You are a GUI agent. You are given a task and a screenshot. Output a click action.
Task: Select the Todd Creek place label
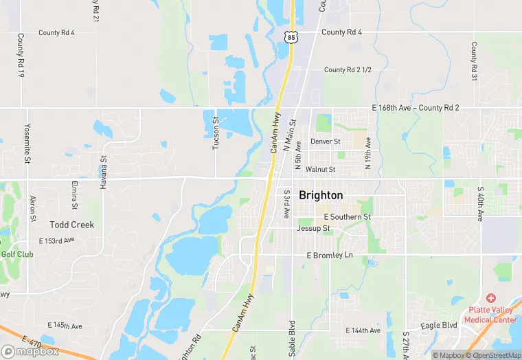pos(72,225)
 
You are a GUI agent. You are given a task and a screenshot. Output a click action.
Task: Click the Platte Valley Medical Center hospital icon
pos(490,297)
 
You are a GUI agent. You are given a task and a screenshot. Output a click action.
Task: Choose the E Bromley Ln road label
pos(329,256)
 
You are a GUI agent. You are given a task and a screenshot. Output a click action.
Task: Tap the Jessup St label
pos(313,228)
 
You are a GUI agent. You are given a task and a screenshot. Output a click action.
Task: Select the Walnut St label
pos(321,169)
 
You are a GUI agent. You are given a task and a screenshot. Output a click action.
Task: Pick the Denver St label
pos(326,142)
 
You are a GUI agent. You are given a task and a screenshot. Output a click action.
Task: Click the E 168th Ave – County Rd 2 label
pos(415,108)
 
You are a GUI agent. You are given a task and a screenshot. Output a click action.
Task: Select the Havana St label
pos(104,168)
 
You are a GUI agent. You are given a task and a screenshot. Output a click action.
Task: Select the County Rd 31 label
pos(474,62)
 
